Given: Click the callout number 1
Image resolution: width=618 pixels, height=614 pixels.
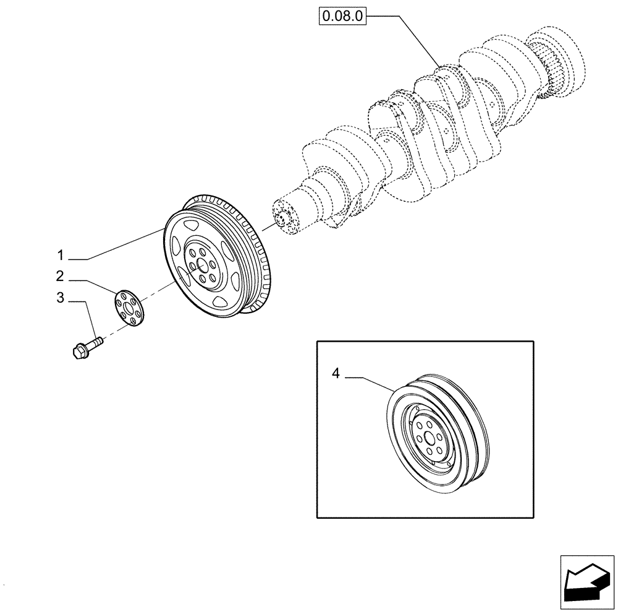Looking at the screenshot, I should pos(61,255).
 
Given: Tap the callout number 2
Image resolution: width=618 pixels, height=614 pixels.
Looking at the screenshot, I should pos(60,275).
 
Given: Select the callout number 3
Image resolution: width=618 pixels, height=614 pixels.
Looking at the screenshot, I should pos(60,298).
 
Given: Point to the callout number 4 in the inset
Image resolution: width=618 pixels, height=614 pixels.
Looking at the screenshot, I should pos(336,373).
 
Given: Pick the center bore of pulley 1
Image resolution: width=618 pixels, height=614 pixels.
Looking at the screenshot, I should pos(200,264).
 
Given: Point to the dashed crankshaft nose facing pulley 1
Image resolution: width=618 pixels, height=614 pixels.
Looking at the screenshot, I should pos(286,218).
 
